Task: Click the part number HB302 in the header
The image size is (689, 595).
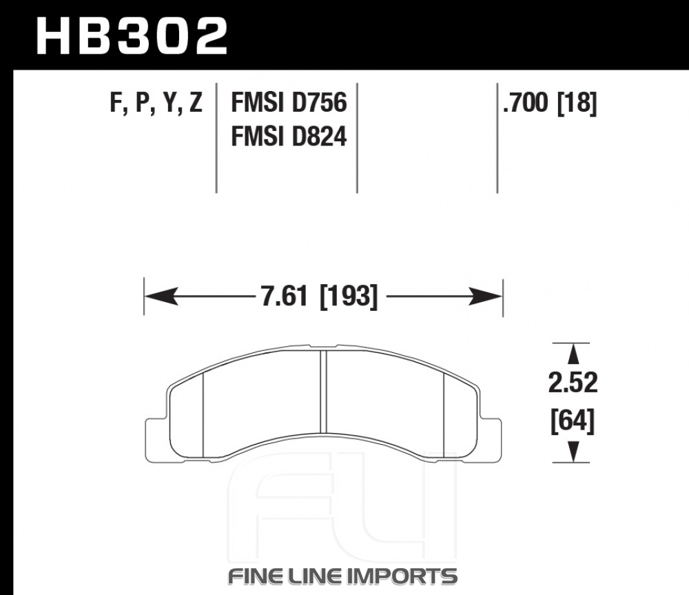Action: (x=132, y=36)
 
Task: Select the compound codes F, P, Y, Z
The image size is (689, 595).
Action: (x=156, y=103)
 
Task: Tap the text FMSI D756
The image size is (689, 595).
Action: (x=289, y=103)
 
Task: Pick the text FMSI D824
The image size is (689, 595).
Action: (x=289, y=136)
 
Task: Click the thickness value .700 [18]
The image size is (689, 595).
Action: (x=550, y=103)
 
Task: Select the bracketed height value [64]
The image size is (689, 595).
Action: (x=573, y=421)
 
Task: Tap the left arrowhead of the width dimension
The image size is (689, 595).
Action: (x=161, y=296)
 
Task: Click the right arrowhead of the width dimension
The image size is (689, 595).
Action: (x=486, y=296)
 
